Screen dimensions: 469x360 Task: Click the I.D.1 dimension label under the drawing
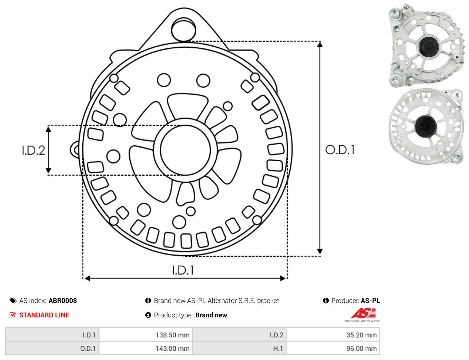point(183,270)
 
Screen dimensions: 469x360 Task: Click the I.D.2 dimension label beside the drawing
point(33,151)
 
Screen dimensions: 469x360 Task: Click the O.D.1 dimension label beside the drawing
point(340,150)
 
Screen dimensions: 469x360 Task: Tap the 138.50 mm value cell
point(146,335)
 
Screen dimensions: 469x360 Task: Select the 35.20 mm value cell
point(333,335)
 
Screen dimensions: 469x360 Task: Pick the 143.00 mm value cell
point(146,348)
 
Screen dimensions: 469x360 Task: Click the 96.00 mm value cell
point(333,348)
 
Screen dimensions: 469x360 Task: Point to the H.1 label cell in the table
point(239,348)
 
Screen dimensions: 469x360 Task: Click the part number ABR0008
point(63,301)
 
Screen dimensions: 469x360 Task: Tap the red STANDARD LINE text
point(44,315)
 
